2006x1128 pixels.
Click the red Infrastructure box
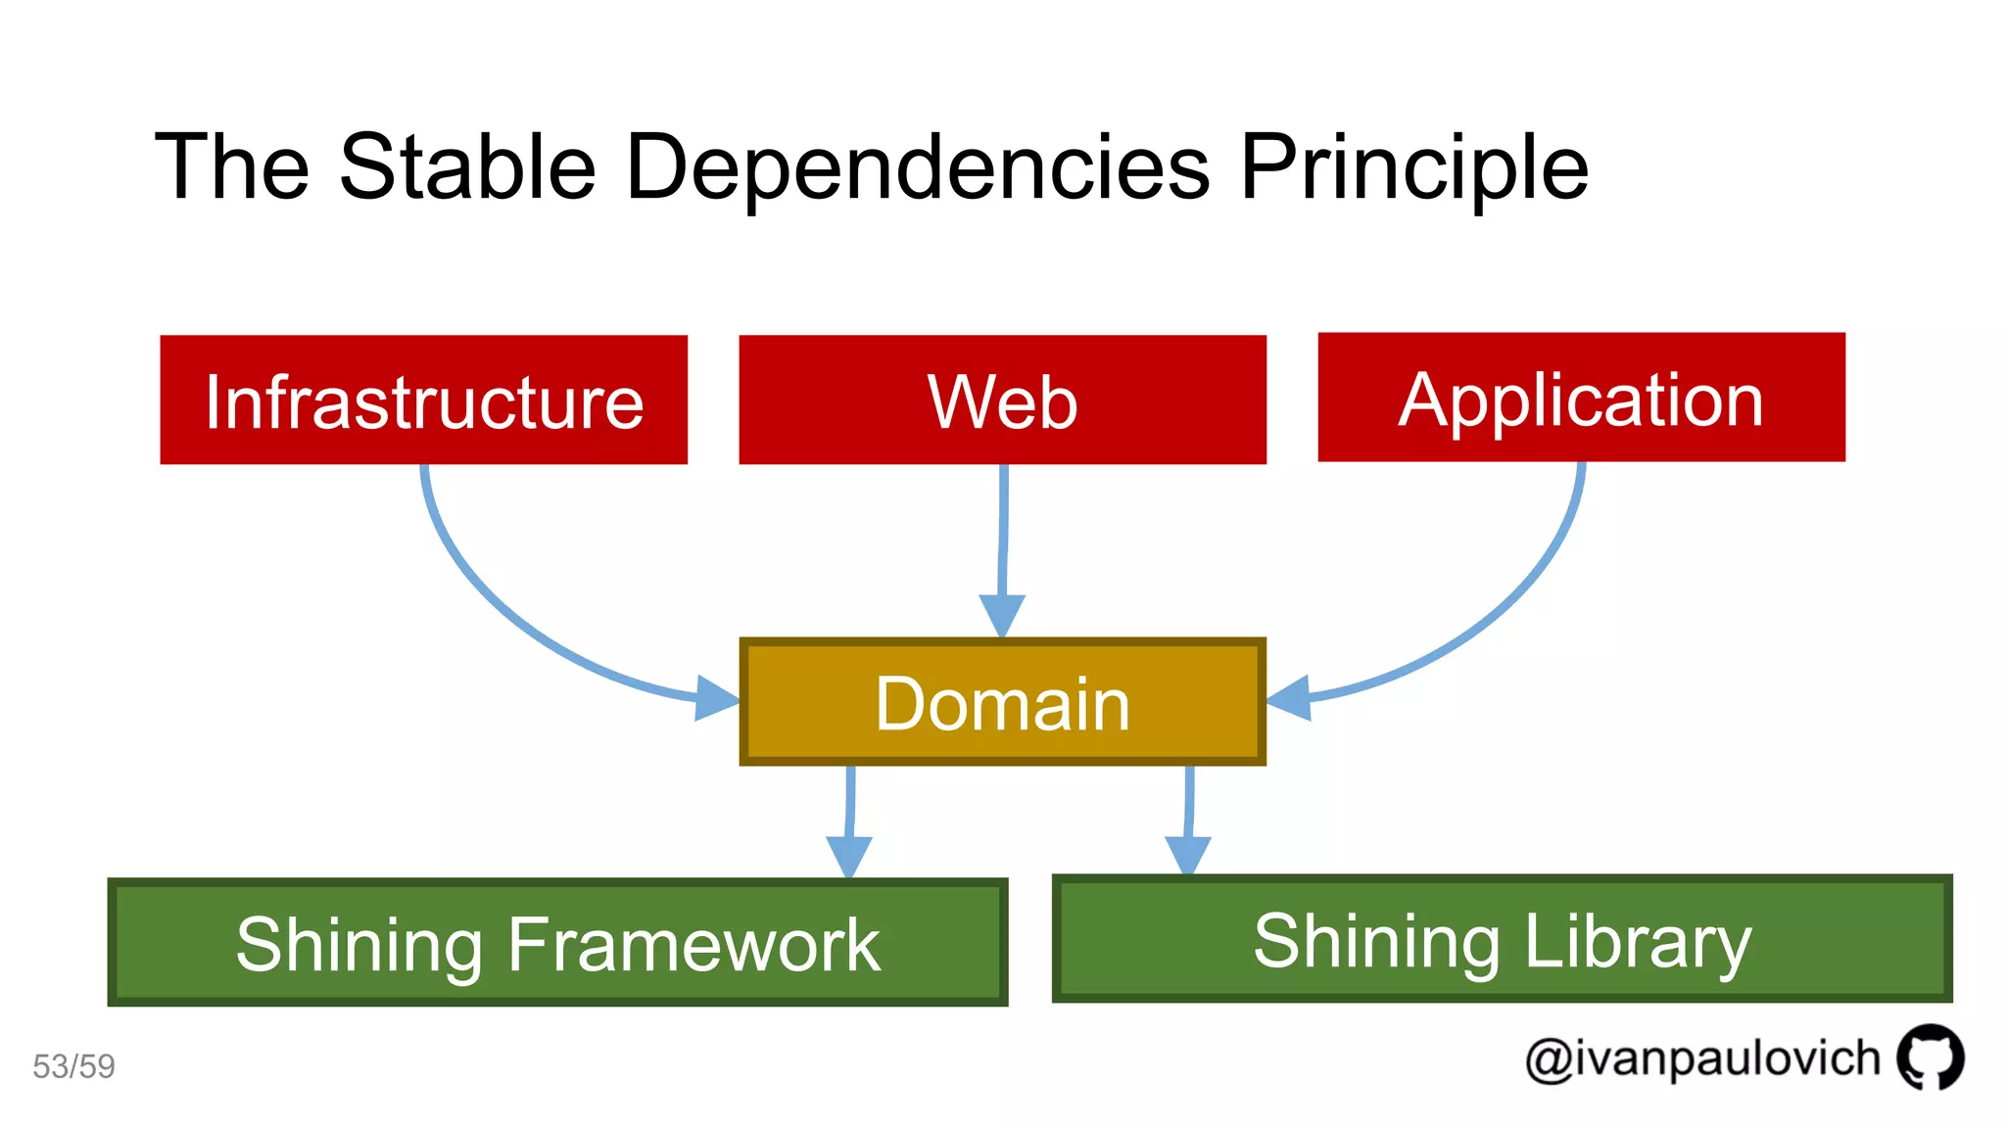point(423,399)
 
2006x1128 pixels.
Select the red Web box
point(1002,399)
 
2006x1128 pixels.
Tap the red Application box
point(1581,397)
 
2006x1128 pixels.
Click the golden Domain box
point(1002,702)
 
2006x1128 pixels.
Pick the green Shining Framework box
point(557,942)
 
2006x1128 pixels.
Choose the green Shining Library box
point(1502,939)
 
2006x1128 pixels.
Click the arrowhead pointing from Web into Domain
point(1002,615)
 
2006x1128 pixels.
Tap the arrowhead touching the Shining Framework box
point(849,857)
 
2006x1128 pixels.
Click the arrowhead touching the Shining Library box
point(1188,855)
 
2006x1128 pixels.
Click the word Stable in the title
point(467,166)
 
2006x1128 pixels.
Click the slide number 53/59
point(73,1066)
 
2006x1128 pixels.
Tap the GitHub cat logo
point(1930,1057)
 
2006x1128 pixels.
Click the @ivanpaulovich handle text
point(1702,1059)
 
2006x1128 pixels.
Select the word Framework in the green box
point(693,944)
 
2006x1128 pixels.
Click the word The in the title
point(232,166)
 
